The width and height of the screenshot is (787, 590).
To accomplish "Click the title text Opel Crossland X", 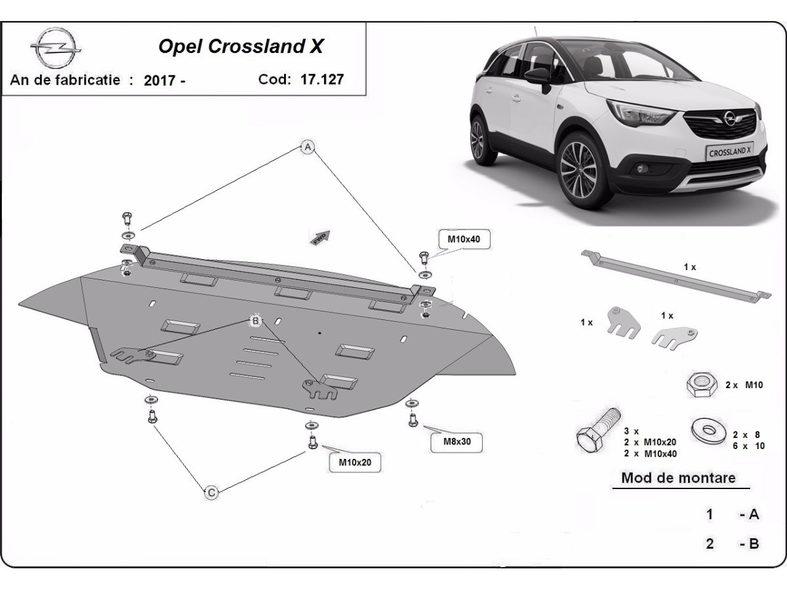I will [241, 47].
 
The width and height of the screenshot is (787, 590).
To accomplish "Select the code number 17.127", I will [322, 79].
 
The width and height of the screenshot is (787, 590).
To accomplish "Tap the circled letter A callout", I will [307, 147].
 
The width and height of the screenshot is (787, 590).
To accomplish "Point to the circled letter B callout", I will [255, 321].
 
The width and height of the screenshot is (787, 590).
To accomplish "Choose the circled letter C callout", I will [211, 492].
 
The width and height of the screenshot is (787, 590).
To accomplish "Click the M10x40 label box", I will [464, 239].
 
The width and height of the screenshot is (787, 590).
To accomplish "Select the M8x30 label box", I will [458, 441].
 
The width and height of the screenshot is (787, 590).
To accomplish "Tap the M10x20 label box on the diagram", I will [355, 462].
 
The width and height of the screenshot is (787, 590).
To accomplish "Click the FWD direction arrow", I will [321, 237].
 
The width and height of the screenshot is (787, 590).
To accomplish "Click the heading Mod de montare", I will [678, 477].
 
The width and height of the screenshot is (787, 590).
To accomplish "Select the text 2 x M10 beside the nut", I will [744, 385].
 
